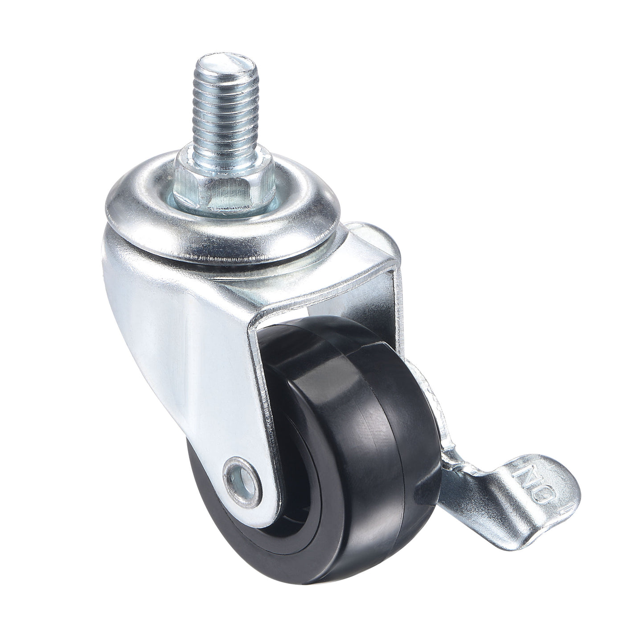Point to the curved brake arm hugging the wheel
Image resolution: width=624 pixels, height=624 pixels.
click(430, 392)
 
